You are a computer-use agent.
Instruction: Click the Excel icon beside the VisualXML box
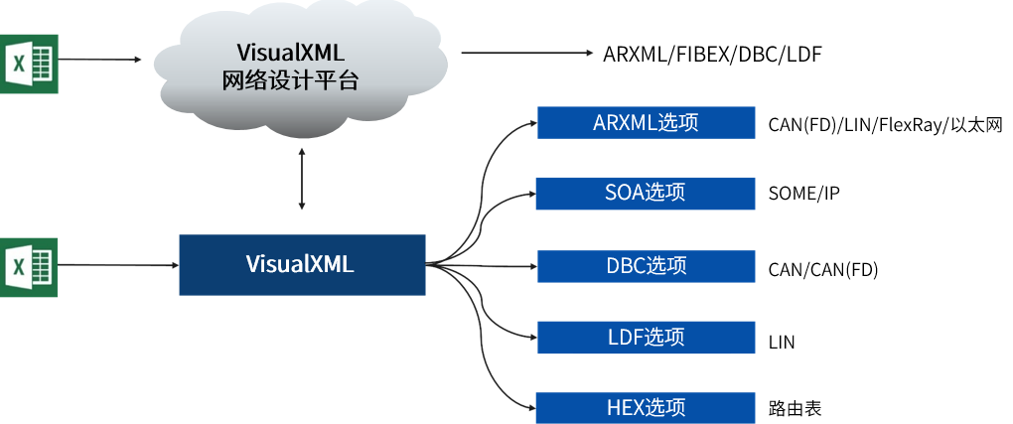(x=30, y=266)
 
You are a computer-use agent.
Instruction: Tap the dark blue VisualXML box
(x=302, y=265)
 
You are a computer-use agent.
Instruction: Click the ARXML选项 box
(x=646, y=123)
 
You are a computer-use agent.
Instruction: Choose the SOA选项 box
(x=646, y=193)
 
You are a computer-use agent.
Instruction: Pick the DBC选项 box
(x=646, y=266)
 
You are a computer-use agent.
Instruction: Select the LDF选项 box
(x=646, y=338)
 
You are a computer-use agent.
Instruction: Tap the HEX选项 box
(x=646, y=407)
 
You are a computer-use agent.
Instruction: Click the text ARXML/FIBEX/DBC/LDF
(x=712, y=54)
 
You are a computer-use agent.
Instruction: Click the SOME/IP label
(x=803, y=194)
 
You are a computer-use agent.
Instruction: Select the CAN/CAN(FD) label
(x=823, y=269)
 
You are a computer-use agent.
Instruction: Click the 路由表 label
(x=795, y=408)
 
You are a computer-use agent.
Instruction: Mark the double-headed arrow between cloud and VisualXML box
(x=302, y=179)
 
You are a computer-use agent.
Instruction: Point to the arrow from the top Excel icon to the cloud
(x=99, y=60)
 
